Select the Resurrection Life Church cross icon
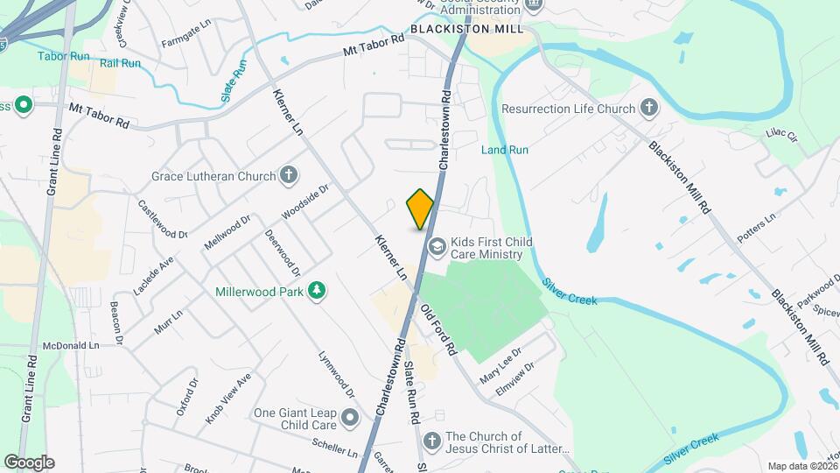(x=648, y=109)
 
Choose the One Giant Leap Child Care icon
(x=350, y=418)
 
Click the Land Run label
(x=505, y=150)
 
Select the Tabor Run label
(x=63, y=56)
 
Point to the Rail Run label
(x=120, y=63)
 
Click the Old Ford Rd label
(x=438, y=328)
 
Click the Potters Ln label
(x=758, y=232)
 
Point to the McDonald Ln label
(x=71, y=345)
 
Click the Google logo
(x=29, y=462)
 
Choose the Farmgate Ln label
(x=185, y=41)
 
